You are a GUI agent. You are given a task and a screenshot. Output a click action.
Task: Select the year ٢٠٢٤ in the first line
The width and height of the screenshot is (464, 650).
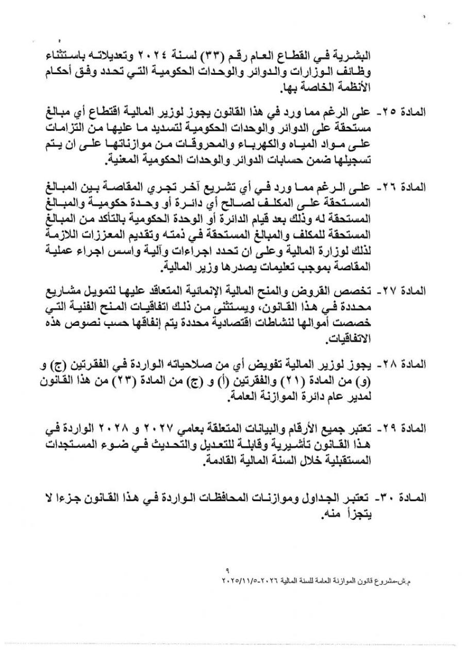click(x=162, y=55)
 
